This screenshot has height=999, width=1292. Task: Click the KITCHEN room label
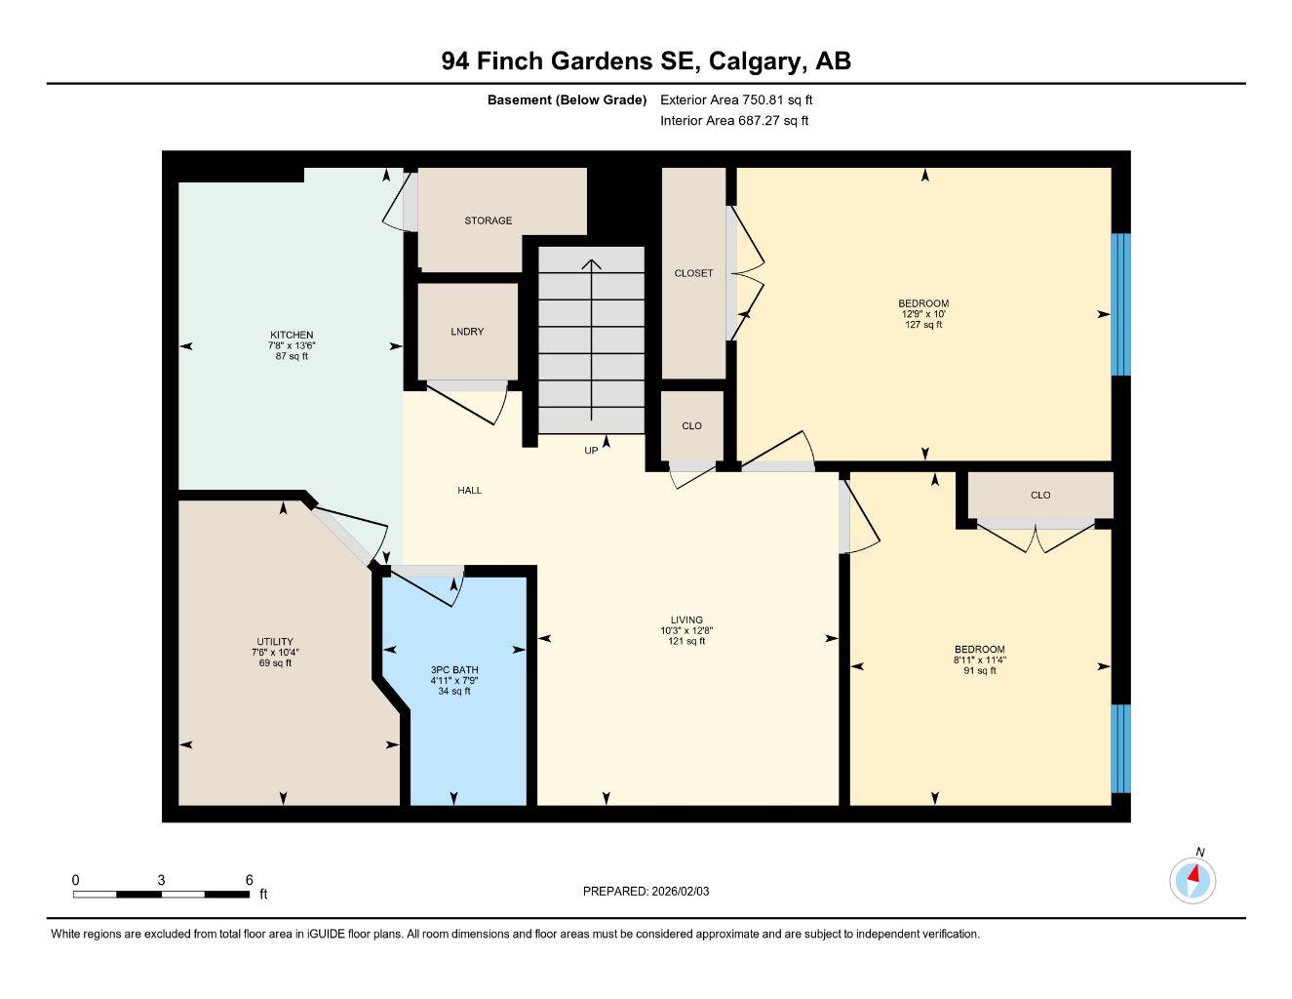[x=292, y=335]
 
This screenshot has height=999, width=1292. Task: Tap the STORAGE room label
[x=488, y=220]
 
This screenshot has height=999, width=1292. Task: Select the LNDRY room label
[x=467, y=332]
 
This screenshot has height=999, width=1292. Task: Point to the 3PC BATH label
[x=454, y=670]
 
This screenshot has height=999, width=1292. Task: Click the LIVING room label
[x=686, y=619]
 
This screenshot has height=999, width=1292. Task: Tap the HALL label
[x=470, y=491]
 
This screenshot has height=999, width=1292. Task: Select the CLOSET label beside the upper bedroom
[x=693, y=273]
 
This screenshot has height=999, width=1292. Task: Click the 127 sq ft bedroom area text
[x=923, y=325]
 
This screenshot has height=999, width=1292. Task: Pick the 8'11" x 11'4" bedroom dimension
[x=979, y=659]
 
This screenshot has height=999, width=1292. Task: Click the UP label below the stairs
[x=591, y=451]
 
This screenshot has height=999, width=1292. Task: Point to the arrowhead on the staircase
[x=592, y=263]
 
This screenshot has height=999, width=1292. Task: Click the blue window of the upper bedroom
[x=1121, y=304]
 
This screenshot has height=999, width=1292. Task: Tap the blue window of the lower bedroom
[x=1121, y=748]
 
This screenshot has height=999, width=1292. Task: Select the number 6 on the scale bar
[x=250, y=879]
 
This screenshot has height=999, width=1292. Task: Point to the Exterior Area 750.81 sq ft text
[x=736, y=100]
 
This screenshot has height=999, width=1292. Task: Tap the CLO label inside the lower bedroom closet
[x=1040, y=495]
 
